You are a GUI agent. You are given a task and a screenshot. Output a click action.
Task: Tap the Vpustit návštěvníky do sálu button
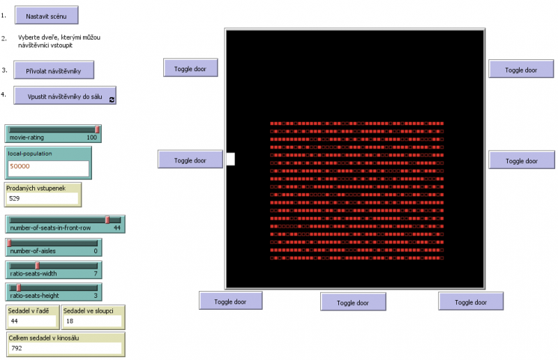click(x=65, y=96)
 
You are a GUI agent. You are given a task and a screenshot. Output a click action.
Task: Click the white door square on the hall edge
click(x=230, y=160)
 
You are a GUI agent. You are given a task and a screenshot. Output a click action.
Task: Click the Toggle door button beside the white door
click(x=190, y=160)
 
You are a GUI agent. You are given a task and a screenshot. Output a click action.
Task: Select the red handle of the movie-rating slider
click(x=97, y=129)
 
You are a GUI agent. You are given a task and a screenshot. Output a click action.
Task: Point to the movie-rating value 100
click(x=91, y=137)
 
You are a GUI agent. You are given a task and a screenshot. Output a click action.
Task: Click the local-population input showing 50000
click(x=48, y=167)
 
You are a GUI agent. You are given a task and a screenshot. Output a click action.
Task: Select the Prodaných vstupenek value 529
click(x=41, y=199)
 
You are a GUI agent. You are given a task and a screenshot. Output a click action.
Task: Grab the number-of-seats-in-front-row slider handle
click(x=107, y=220)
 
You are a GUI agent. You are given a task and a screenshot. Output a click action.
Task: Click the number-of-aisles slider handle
click(x=9, y=243)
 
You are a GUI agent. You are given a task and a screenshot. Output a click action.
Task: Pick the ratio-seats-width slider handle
click(x=37, y=265)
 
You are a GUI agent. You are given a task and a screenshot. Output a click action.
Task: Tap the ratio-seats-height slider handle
click(x=19, y=287)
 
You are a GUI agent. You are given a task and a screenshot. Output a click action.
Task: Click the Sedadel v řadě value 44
click(x=31, y=321)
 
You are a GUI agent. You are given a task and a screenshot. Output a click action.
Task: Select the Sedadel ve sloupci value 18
click(x=91, y=321)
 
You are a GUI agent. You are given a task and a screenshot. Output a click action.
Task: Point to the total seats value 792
click(x=64, y=347)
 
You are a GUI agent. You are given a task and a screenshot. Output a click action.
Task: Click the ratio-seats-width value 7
click(x=95, y=273)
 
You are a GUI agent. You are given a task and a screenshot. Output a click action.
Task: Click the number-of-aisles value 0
click(x=95, y=250)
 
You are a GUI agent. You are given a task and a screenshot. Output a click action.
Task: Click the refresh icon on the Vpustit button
click(x=111, y=100)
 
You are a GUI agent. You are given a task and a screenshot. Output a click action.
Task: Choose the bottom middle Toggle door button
click(x=353, y=302)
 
